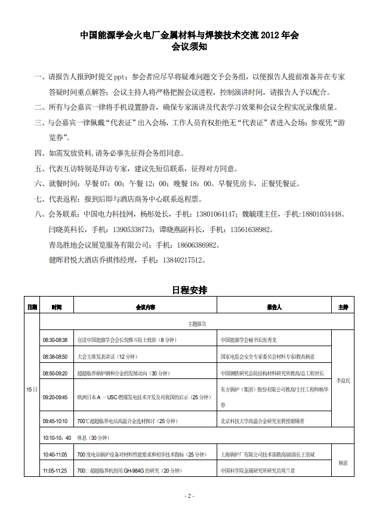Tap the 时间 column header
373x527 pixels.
point(57,307)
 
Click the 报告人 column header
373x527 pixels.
point(274,307)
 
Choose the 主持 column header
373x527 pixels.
point(343,307)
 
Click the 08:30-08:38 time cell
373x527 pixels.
point(55,340)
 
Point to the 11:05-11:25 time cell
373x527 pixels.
point(55,471)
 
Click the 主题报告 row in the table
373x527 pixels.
point(197,323)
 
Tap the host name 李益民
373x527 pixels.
point(343,380)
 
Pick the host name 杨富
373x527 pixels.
point(343,463)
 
